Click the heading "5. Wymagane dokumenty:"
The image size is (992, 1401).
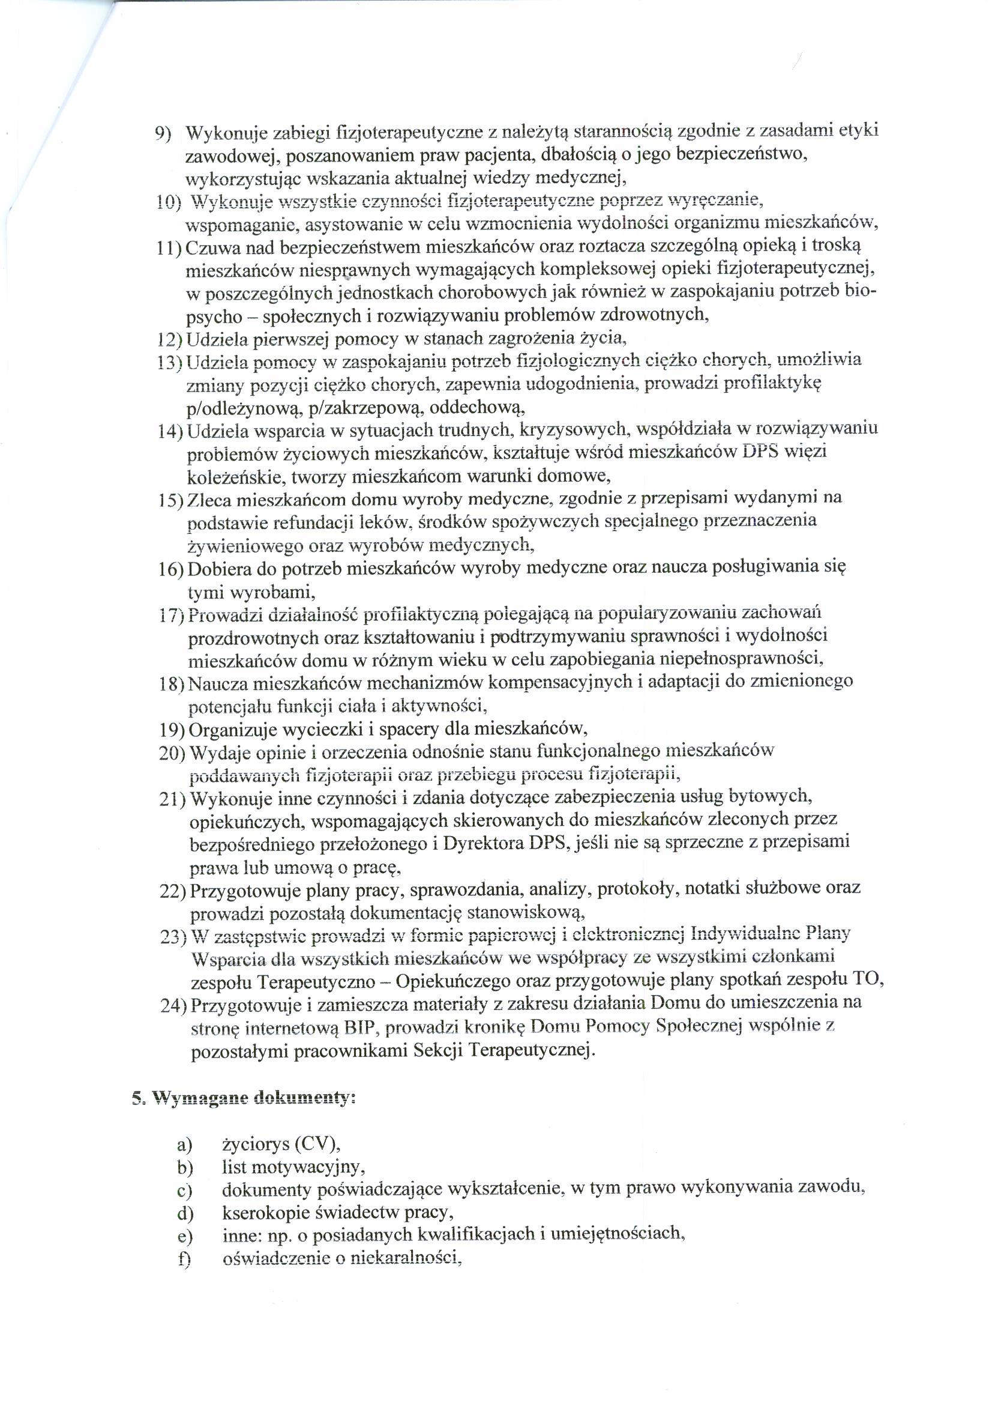click(x=244, y=1098)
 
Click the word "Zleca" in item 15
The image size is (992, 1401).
click(x=209, y=500)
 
